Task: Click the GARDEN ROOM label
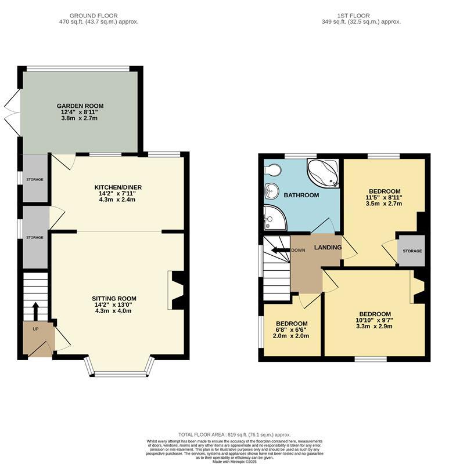[x=80, y=106]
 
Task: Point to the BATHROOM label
[x=301, y=195]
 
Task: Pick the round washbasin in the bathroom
[x=271, y=191]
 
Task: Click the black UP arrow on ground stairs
[x=35, y=310]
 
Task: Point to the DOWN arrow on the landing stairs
[x=281, y=251]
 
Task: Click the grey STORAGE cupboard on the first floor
[x=412, y=251]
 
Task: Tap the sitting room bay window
[x=119, y=369]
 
